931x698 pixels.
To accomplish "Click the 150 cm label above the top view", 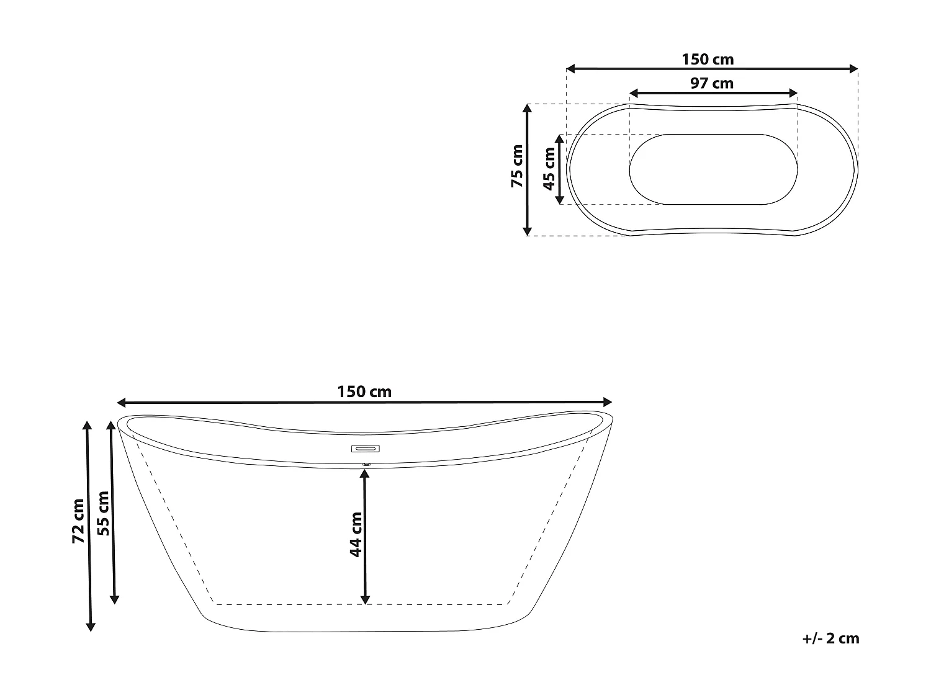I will [708, 60].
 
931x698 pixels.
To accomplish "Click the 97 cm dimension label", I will [712, 83].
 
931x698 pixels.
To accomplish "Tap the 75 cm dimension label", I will [517, 166].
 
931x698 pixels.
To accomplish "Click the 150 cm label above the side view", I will [364, 392].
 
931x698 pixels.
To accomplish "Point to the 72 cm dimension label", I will [78, 521].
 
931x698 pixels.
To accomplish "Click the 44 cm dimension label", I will [356, 534].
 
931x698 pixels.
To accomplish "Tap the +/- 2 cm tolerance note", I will [830, 638].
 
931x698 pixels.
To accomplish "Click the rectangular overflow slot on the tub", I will [366, 449].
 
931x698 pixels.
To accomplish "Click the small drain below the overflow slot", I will [366, 463].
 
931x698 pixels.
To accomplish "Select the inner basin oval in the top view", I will [713, 169].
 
